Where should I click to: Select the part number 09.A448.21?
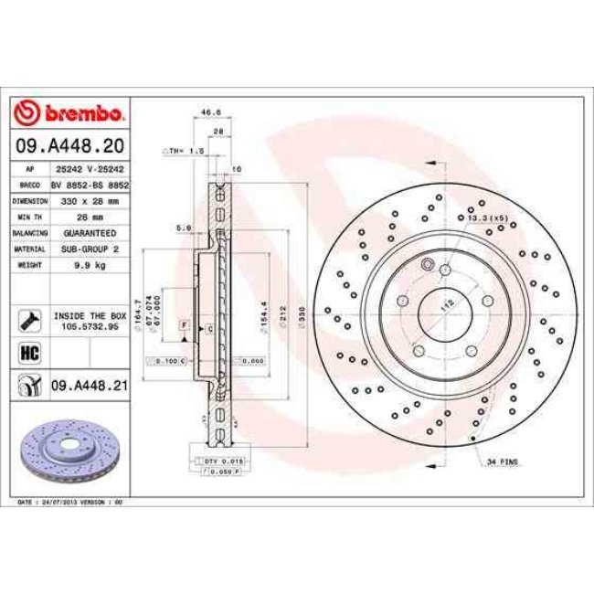(x=89, y=387)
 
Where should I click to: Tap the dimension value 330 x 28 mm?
(x=90, y=199)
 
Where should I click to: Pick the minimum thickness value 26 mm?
(x=90, y=217)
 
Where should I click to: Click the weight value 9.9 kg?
(x=90, y=265)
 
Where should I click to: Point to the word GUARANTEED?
(x=90, y=233)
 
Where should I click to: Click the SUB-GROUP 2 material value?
(x=90, y=249)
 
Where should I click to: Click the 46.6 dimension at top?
(x=212, y=112)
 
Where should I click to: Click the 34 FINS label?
(x=504, y=463)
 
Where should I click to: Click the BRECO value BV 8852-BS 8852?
(x=90, y=184)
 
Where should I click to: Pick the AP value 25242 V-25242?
(x=90, y=169)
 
